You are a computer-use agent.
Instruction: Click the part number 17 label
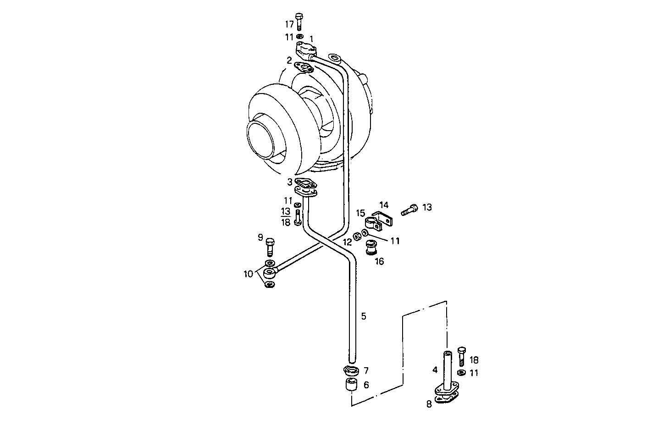(289, 24)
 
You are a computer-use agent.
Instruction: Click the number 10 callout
(248, 274)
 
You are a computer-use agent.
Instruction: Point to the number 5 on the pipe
(364, 316)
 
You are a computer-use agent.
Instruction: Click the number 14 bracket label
(384, 204)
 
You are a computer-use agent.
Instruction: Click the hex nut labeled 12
(356, 238)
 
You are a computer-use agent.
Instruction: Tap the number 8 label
(429, 404)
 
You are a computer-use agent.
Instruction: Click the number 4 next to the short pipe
(434, 369)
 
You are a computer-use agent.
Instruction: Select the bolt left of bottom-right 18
(461, 356)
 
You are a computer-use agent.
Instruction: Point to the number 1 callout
(311, 39)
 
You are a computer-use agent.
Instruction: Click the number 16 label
(379, 261)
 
